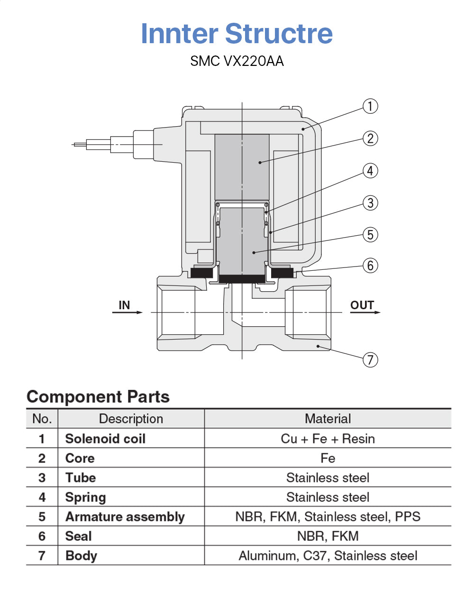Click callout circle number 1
coord(370,106)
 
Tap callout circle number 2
coord(370,138)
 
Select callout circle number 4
coord(370,171)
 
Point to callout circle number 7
coord(370,360)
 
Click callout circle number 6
coord(370,266)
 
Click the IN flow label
coord(124,305)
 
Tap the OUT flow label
coord(362,305)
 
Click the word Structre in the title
coord(279,34)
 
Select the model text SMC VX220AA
coord(237,61)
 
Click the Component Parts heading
coord(98,396)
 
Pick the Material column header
coord(328,419)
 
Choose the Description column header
coord(131,419)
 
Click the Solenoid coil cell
coord(105,439)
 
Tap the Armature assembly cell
coord(125,516)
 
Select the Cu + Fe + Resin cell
coord(328,439)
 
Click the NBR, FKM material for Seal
coord(328,536)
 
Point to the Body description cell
coord(81,555)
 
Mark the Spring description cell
coord(85,497)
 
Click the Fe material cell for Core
coord(328,458)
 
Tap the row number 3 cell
coord(42,478)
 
